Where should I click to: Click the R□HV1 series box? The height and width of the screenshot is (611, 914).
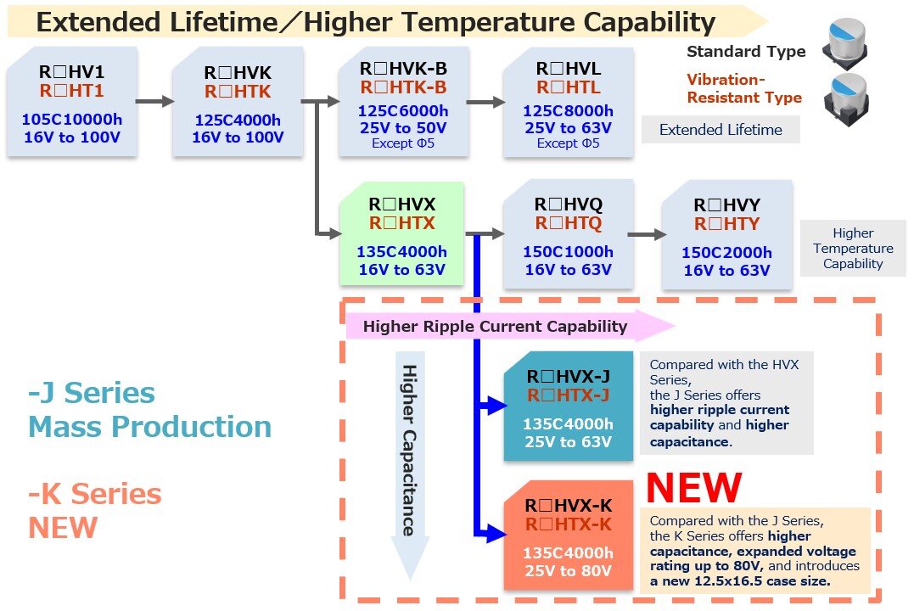coord(71,102)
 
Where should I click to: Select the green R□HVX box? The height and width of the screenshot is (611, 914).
coord(401,233)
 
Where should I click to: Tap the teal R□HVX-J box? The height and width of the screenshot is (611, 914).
coord(569,406)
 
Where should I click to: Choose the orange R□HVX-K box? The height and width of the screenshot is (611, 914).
coord(569,535)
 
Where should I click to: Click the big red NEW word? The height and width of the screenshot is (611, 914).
coord(693,487)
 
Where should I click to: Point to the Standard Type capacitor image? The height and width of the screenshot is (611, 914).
coord(844,43)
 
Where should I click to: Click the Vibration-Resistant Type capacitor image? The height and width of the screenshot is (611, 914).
coord(846,99)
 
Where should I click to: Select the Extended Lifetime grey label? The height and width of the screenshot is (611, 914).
coord(721,130)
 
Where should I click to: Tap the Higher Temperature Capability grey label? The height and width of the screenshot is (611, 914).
coord(853,249)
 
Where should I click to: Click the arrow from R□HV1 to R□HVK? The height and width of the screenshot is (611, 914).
coord(154,102)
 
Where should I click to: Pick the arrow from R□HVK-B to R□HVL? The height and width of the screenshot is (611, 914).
coord(485,102)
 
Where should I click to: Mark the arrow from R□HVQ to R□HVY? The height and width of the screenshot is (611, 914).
coord(647,234)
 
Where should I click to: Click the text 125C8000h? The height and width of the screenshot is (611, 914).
coord(568,111)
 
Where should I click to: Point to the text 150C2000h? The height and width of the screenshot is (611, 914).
coord(726,252)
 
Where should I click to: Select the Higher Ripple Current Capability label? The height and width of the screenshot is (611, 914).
coord(495,327)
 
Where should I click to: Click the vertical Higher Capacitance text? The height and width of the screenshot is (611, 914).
coord(410,450)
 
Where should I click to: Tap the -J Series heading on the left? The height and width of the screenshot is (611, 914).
coord(92,392)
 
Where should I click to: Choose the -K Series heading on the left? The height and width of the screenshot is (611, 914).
coord(94,494)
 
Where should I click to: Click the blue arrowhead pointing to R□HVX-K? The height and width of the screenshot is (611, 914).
coord(496,533)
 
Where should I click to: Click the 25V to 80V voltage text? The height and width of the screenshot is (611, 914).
coord(568,571)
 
